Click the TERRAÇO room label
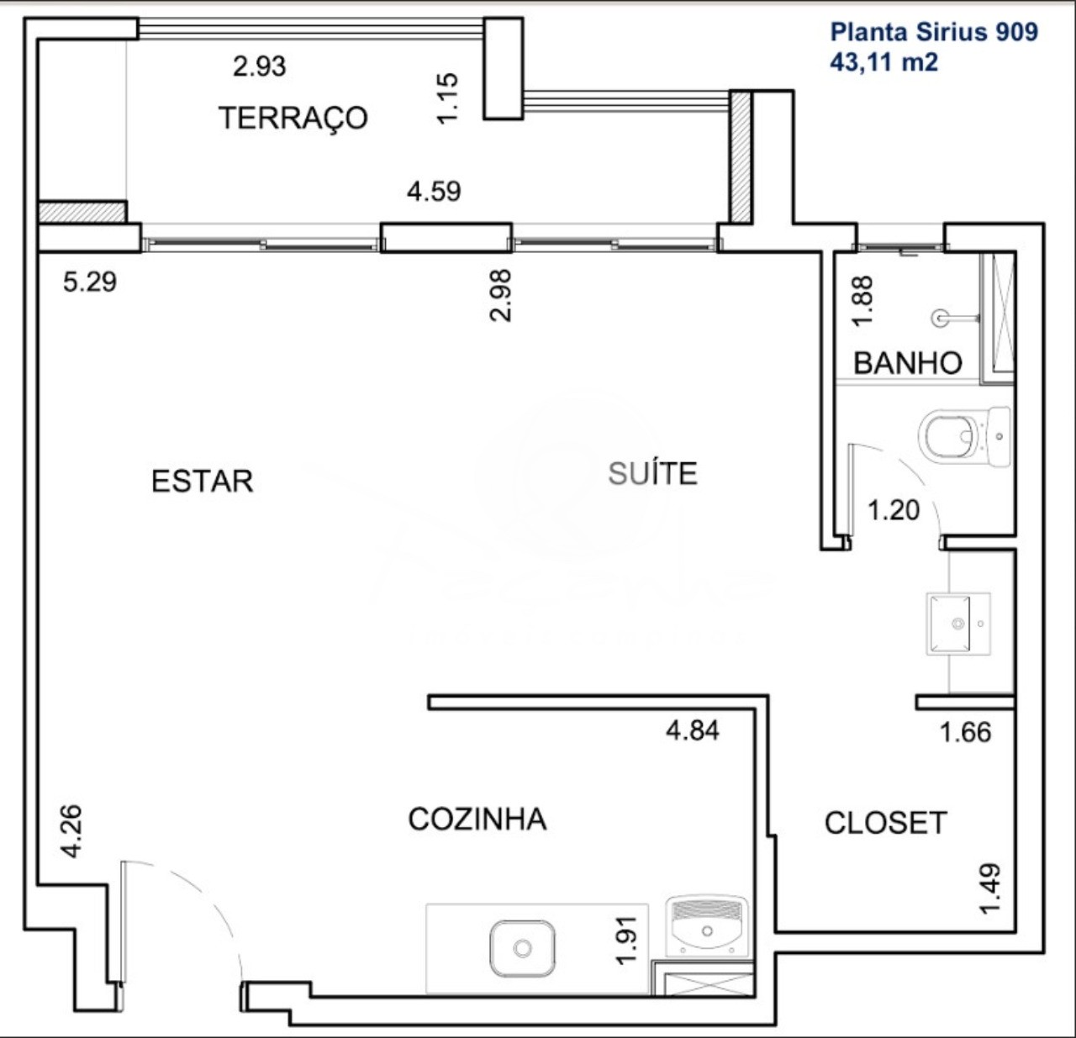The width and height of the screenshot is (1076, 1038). point(293,117)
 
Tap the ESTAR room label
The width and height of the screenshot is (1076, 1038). point(202,481)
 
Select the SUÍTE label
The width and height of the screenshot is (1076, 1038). point(652,473)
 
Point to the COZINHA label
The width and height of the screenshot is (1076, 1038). point(477,819)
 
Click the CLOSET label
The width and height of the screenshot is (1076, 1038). point(885,822)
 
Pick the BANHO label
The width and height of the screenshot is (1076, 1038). point(907,363)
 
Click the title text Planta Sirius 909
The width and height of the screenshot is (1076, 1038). point(934,32)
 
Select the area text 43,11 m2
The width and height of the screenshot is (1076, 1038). point(883,61)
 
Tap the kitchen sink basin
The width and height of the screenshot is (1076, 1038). point(522,948)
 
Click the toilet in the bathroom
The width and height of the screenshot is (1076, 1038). point(963,436)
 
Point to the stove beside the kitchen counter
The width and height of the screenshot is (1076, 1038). point(707,928)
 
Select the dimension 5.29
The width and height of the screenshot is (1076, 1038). point(90,281)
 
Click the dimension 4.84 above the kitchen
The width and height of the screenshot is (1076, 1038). point(692,730)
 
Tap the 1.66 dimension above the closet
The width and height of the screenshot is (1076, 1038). point(965,732)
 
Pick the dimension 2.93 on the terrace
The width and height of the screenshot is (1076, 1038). point(259,66)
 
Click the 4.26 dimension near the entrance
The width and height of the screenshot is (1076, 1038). point(71,831)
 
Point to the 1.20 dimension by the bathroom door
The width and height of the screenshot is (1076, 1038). point(893,509)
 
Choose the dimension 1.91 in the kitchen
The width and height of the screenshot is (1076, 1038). point(627,940)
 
